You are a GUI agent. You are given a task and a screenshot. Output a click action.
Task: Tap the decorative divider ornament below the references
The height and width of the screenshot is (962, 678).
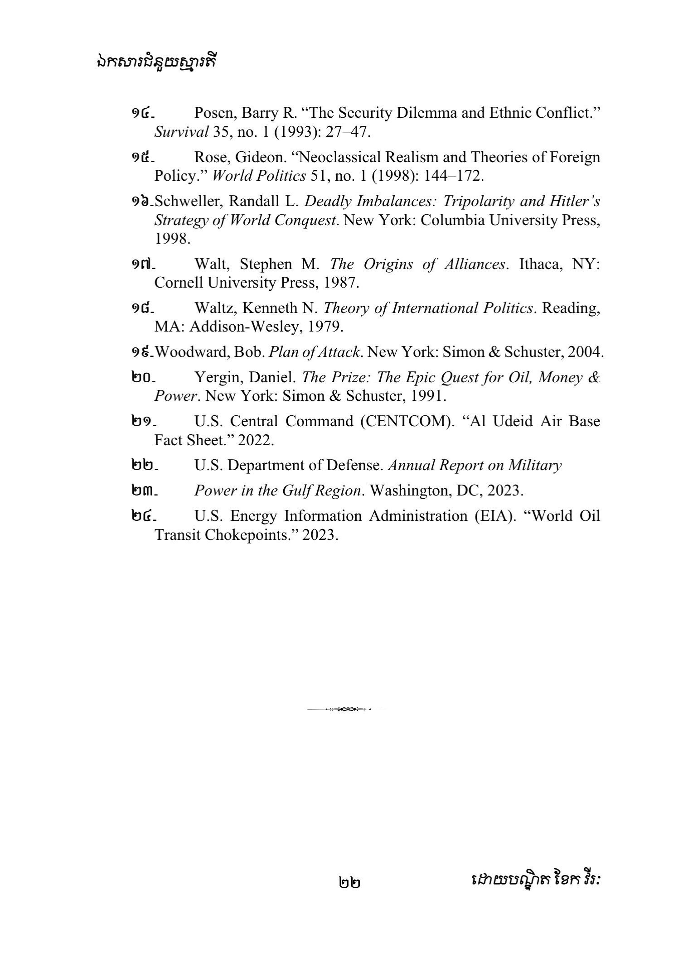tap(346, 708)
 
